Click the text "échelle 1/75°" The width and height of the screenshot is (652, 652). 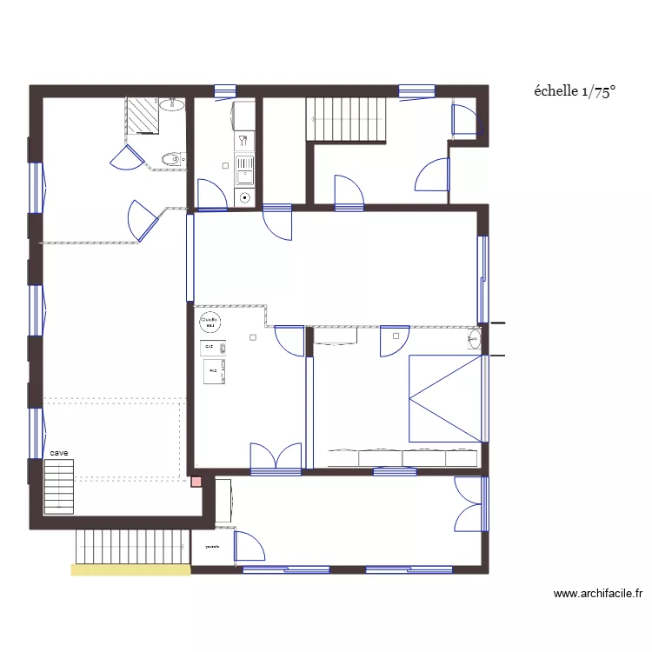tap(575, 92)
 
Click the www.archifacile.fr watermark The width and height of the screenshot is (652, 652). tap(598, 595)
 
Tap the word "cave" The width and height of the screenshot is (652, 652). tap(59, 453)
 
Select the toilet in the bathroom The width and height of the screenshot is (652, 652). tap(172, 159)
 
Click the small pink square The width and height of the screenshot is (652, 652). tap(196, 482)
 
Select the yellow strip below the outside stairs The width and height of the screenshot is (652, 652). tap(130, 570)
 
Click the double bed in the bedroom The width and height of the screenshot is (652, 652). tap(445, 397)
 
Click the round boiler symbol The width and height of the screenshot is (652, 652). tap(209, 322)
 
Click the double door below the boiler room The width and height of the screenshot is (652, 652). tap(276, 457)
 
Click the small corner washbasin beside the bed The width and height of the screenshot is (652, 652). tap(475, 338)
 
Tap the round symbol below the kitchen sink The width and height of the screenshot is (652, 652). tap(245, 197)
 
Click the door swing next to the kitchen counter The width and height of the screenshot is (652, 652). tap(210, 195)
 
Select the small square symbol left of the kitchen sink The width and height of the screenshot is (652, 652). tap(225, 164)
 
